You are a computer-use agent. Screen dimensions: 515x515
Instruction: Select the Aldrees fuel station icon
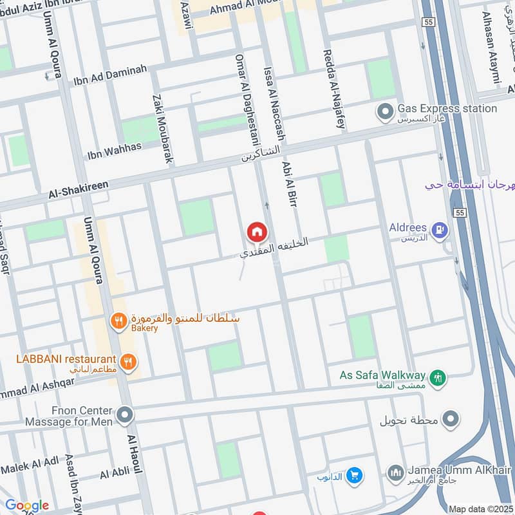440,229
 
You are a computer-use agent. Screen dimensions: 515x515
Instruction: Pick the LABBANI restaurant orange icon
129,362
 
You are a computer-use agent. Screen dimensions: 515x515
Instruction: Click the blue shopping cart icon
353,476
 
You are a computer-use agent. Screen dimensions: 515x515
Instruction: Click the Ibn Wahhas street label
114,152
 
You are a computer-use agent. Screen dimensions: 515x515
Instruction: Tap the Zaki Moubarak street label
162,128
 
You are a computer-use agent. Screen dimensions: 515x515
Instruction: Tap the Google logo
26,505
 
